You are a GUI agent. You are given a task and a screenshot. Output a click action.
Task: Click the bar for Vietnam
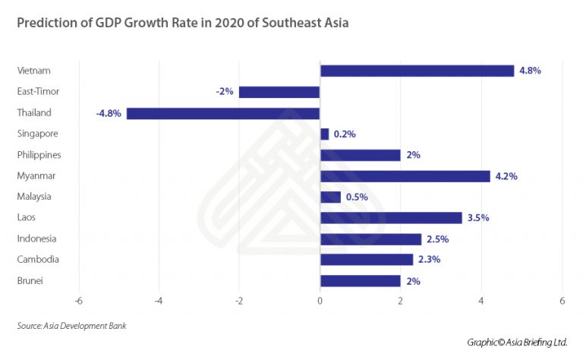coord(417,71)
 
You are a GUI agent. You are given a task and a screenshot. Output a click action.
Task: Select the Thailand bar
coord(223,113)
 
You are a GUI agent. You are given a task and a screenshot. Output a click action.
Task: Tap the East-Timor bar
coord(279,92)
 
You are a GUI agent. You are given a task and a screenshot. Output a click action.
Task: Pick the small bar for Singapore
coord(325,134)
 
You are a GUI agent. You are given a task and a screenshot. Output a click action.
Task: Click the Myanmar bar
coord(405,176)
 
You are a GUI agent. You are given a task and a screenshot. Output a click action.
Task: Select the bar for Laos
coord(391,218)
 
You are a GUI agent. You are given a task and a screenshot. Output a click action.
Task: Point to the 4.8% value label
coord(530,71)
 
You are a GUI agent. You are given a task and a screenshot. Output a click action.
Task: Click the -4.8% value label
coord(109,113)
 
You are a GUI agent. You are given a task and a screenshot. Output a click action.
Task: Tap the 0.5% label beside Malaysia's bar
coord(357,197)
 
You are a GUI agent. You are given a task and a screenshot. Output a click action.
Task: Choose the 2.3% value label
coord(429,260)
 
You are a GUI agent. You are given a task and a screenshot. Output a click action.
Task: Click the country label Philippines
coord(39,155)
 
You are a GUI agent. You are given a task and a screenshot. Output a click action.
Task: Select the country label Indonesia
coord(36,238)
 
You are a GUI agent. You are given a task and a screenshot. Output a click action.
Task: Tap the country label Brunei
coord(30,281)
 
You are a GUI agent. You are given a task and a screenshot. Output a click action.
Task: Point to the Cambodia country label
coord(37,260)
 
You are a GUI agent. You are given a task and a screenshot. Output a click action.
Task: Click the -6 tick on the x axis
coord(78,301)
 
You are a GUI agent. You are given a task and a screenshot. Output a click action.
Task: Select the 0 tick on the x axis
coord(320,301)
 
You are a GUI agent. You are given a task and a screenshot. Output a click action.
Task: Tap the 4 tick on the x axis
coord(481,301)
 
